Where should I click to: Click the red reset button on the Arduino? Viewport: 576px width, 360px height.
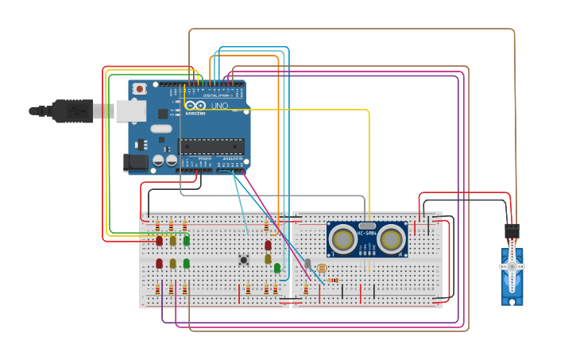point(140,89)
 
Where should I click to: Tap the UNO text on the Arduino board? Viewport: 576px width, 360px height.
point(218,106)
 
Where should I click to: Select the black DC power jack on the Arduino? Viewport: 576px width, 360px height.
point(137,163)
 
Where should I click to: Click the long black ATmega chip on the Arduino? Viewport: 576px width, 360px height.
point(211,145)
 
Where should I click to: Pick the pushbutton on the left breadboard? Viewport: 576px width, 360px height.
point(244,260)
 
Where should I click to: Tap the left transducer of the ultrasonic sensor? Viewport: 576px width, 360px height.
point(344,238)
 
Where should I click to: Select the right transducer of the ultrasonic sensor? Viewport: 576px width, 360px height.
point(390,238)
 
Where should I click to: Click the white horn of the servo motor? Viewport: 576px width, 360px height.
point(512,265)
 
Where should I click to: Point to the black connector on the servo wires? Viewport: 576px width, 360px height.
point(512,231)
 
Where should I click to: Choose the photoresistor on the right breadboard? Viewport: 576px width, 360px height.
point(321,269)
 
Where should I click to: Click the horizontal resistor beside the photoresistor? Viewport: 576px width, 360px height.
point(333,280)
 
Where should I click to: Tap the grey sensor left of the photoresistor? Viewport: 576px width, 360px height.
point(307,263)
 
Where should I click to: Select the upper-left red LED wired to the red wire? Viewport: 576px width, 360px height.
point(159,240)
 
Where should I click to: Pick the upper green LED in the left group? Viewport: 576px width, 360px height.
point(186,240)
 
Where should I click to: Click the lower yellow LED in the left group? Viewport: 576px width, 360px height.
point(172,263)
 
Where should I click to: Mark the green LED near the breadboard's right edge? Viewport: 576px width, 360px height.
point(277,268)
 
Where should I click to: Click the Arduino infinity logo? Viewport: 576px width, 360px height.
point(195,106)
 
